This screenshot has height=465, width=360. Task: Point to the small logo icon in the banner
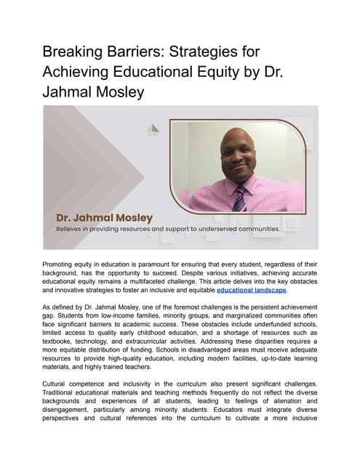tap(153, 130)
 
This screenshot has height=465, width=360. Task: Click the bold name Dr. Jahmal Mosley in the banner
tap(105, 217)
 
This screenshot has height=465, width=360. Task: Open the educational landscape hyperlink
tap(252, 289)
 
